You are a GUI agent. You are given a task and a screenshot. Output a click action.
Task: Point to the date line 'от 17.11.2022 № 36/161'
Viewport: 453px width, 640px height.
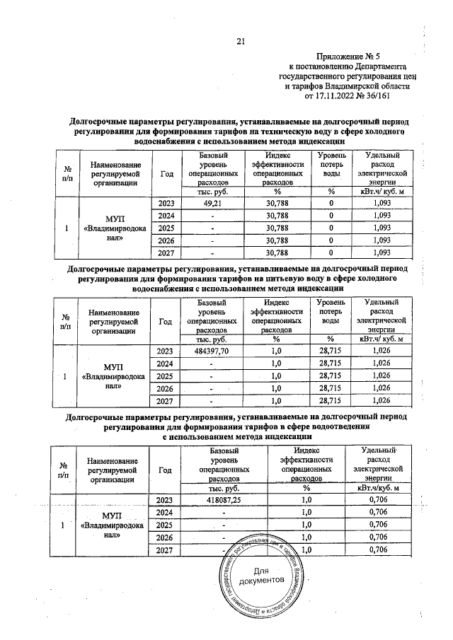click(347, 95)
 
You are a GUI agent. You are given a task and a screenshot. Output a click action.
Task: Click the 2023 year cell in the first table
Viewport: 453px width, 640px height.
click(166, 203)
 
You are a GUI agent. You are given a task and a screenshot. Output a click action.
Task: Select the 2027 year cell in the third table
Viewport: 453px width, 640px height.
click(166, 550)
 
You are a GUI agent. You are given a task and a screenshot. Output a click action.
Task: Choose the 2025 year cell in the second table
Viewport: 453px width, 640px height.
click(166, 376)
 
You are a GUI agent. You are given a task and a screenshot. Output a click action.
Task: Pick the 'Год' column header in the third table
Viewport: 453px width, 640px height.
click(166, 468)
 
